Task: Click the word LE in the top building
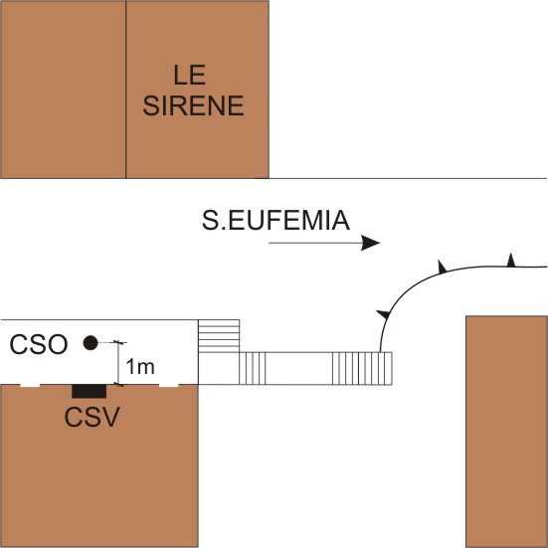point(189,76)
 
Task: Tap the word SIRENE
point(193,105)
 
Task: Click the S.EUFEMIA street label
point(275,221)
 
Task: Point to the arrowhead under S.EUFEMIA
point(370,243)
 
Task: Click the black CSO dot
point(91,342)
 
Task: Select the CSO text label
point(39,344)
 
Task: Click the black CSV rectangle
point(90,391)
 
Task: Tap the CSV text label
point(91,417)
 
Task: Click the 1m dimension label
point(140,367)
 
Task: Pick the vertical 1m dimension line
point(118,363)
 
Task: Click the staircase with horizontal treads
point(219,336)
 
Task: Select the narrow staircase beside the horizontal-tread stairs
point(253,368)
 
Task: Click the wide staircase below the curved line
point(362,368)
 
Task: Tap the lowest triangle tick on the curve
point(384,314)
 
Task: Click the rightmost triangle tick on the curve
point(511,260)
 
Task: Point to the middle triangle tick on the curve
point(443,267)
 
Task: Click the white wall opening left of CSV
point(30,386)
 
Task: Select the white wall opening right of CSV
point(169,386)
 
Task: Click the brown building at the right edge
point(507,432)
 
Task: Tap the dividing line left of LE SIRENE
point(126,90)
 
